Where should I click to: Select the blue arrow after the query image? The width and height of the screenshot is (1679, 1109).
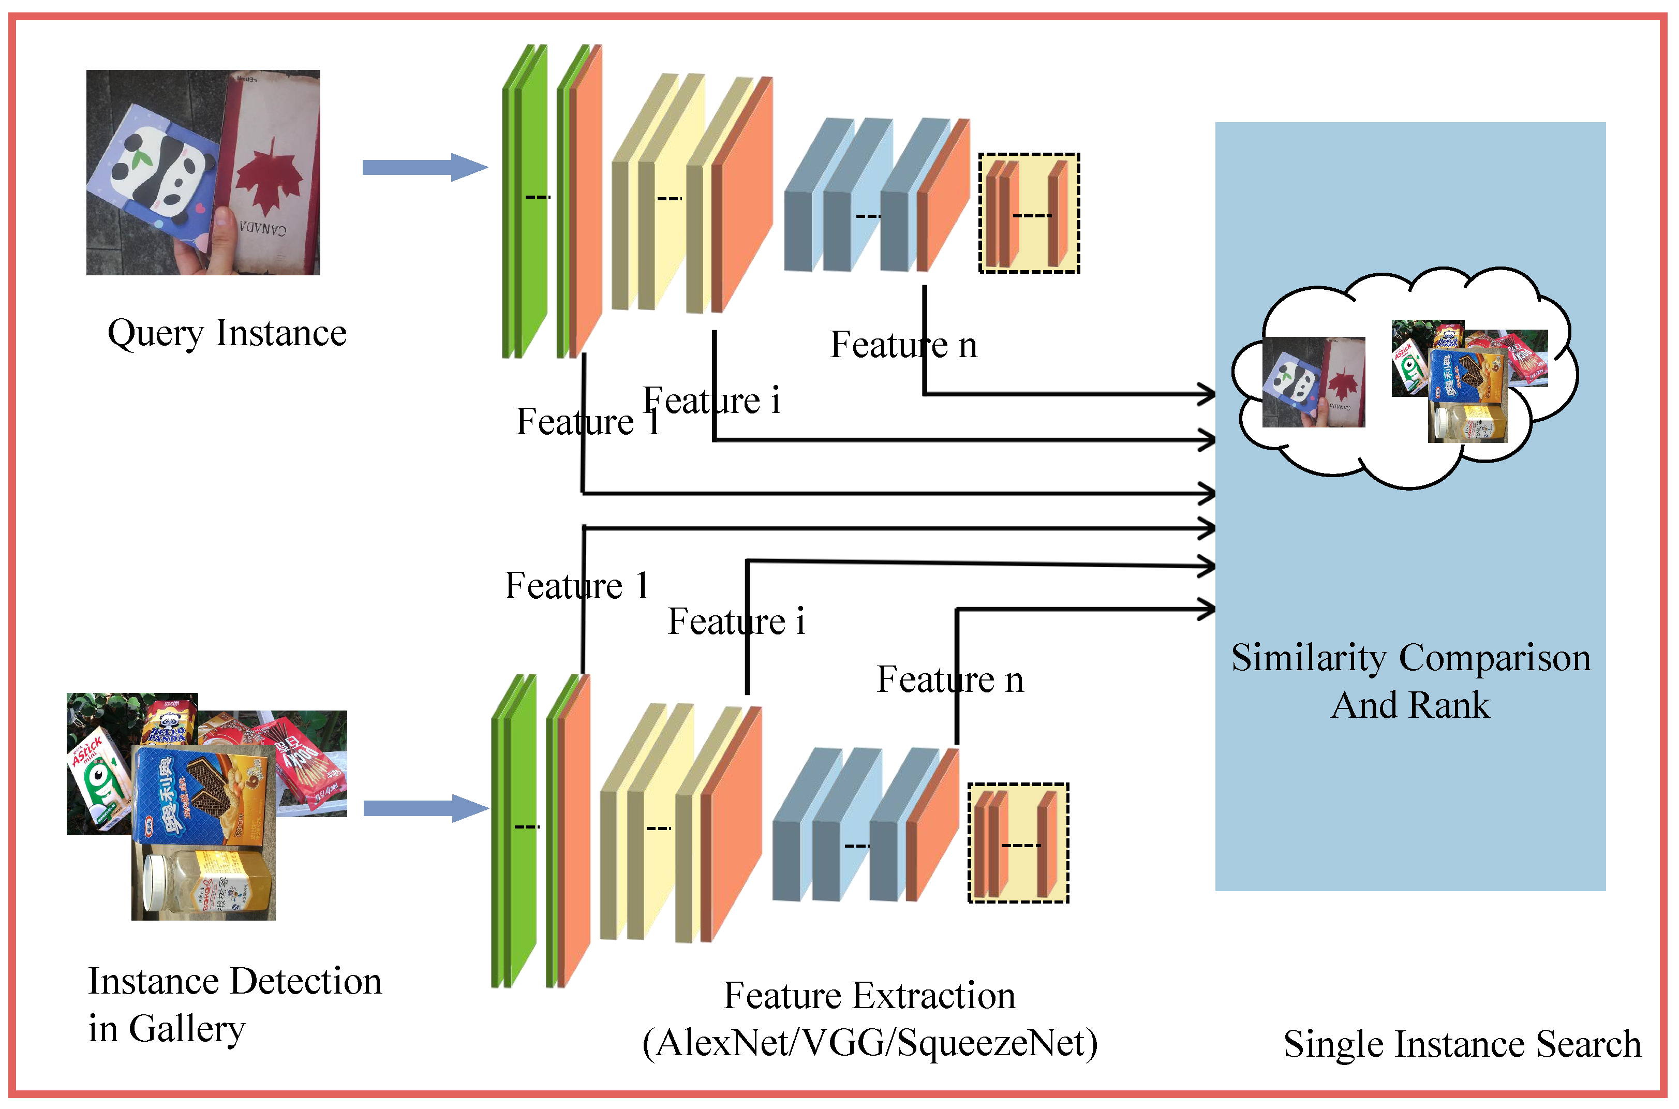point(425,168)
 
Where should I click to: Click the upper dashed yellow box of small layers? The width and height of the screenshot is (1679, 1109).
point(1029,213)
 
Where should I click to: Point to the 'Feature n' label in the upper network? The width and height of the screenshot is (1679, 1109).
point(903,345)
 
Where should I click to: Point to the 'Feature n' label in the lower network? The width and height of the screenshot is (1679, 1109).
point(949,679)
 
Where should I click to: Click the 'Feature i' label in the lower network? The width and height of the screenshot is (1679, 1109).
point(736,622)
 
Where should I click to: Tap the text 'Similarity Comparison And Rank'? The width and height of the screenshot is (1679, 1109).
point(1410,681)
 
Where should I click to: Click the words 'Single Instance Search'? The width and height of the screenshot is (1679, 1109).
point(1462,1044)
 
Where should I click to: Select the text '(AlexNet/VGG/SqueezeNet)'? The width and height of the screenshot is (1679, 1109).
point(870,1043)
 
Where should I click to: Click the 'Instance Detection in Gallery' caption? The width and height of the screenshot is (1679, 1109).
point(233,1004)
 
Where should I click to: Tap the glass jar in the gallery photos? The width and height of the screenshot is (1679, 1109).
point(205,884)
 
